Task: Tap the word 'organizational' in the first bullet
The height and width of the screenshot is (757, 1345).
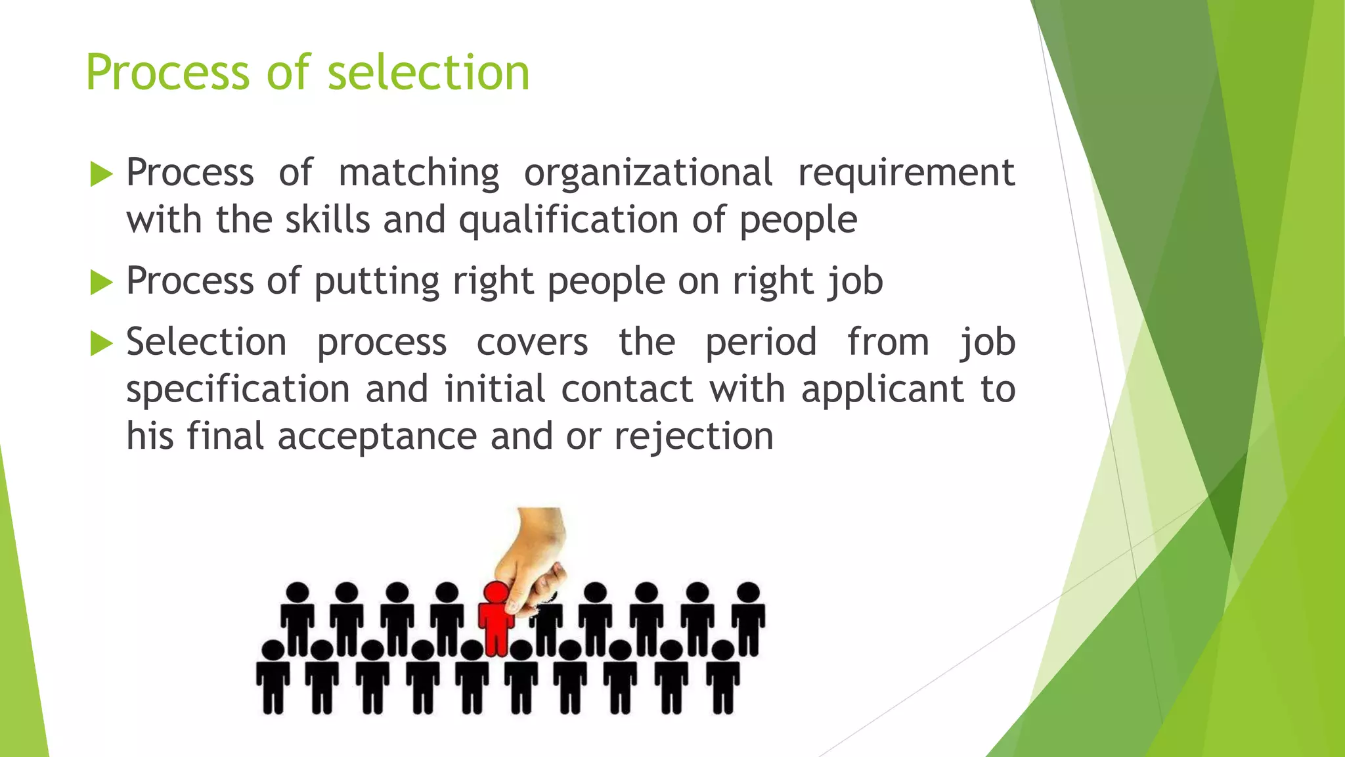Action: coord(648,173)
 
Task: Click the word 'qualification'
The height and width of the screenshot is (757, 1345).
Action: coord(569,220)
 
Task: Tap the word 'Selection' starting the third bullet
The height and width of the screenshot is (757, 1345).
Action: coord(206,342)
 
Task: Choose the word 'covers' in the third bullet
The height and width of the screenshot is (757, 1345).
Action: coord(532,342)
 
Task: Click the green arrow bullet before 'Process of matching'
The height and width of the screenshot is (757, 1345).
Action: coord(101,174)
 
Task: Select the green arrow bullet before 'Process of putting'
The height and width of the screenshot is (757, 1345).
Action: coord(101,283)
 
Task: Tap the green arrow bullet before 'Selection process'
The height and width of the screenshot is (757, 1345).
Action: coord(101,344)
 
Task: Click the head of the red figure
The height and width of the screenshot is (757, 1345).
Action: coord(495,591)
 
